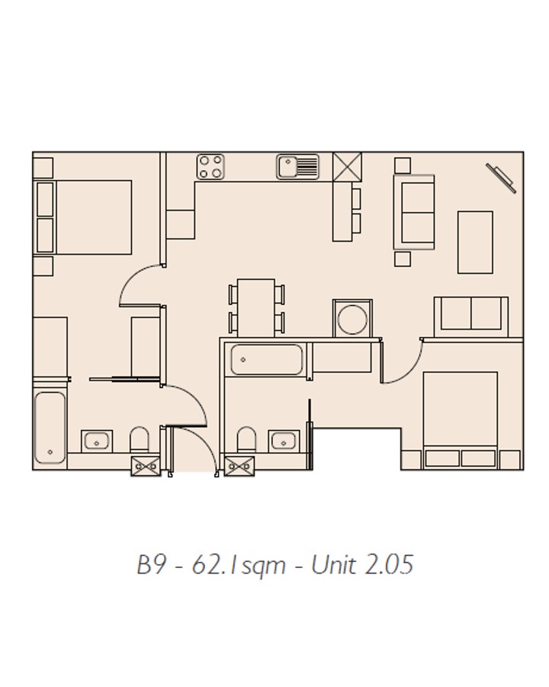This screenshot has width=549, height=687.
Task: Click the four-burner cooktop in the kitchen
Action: [210, 166]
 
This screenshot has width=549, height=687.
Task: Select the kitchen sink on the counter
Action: [297, 166]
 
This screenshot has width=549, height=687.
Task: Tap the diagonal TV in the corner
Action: [501, 178]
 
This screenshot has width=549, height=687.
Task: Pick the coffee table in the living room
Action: [475, 242]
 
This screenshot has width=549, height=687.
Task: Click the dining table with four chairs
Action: [256, 308]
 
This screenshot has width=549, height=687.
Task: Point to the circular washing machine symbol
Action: [352, 319]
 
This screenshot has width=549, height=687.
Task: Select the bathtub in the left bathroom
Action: [50, 428]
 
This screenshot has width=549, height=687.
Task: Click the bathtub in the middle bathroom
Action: [266, 360]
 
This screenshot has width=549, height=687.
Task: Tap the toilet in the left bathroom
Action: [140, 439]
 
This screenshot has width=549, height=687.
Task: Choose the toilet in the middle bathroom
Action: [246, 439]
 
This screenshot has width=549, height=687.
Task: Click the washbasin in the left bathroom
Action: [97, 441]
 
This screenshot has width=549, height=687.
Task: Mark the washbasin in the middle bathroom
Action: [284, 441]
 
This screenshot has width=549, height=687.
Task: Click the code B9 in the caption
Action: [152, 565]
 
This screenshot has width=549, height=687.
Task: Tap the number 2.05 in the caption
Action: [389, 565]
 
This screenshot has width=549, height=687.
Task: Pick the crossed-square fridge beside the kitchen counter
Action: [348, 167]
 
